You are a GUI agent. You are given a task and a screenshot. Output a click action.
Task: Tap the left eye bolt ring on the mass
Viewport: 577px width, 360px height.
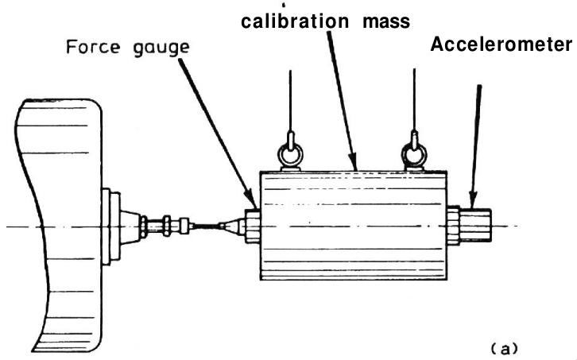tap(290, 157)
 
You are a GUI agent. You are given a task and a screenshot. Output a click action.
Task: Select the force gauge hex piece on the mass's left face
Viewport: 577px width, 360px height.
tap(252, 225)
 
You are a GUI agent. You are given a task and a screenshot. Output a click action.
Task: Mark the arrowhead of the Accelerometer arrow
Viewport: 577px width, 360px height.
tap(471, 202)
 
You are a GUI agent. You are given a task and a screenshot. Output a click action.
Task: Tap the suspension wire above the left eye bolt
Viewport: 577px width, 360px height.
tap(290, 103)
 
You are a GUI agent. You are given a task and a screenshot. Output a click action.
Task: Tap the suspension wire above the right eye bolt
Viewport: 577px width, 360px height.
tap(414, 103)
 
